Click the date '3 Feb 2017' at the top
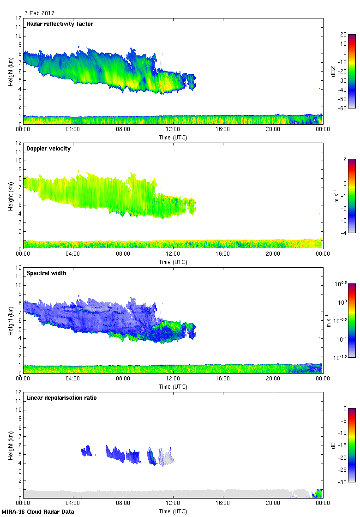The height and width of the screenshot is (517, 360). (x=39, y=13)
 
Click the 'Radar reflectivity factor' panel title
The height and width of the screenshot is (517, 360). (x=60, y=24)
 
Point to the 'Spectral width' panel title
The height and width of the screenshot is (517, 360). (x=45, y=273)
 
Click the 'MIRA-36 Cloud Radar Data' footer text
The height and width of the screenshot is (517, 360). (x=37, y=511)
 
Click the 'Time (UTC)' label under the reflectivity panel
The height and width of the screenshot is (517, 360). (x=173, y=137)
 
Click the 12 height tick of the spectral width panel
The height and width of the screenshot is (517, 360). (x=18, y=267)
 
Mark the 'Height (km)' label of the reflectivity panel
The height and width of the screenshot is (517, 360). (x=10, y=71)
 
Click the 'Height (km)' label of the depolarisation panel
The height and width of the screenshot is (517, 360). (x=10, y=445)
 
